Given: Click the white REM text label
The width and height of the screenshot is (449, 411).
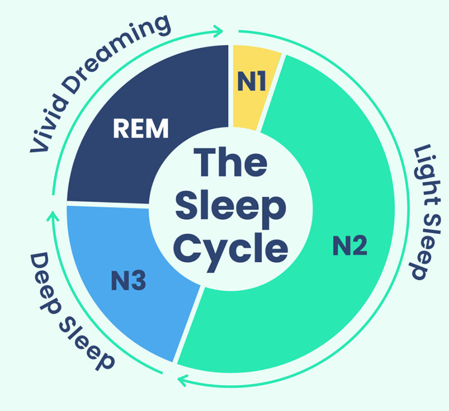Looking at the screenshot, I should pos(140,128).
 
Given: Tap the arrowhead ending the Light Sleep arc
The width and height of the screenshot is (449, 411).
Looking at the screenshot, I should pos(181,381).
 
